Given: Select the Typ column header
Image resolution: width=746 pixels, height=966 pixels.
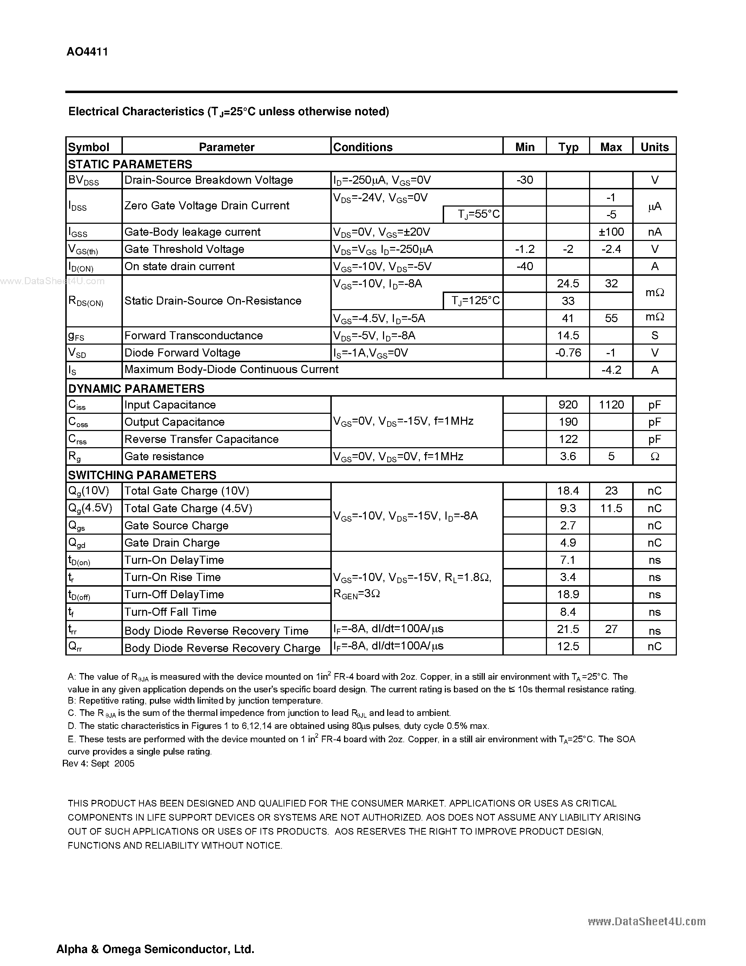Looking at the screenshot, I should click(568, 147).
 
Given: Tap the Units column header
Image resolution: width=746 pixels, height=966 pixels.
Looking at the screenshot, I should click(654, 147).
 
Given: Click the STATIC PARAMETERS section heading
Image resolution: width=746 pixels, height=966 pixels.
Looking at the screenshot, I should click(130, 164).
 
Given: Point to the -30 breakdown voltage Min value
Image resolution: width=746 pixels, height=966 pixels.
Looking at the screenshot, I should click(524, 180).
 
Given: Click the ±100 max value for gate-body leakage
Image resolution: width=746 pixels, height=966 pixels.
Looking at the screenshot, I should click(611, 232).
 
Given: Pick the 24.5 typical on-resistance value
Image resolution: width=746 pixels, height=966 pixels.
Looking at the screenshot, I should click(568, 283).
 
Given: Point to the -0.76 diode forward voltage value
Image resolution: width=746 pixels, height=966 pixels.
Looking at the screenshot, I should click(568, 353).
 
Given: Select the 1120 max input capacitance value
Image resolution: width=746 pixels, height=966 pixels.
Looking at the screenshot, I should click(611, 405).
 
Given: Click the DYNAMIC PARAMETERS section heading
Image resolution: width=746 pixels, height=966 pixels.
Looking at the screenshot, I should click(136, 389).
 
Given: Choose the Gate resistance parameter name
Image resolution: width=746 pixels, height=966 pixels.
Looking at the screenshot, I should click(164, 456).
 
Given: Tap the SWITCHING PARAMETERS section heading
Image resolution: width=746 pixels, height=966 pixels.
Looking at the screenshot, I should click(142, 475).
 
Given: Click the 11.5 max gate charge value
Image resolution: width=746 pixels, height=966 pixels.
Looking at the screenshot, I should click(611, 508).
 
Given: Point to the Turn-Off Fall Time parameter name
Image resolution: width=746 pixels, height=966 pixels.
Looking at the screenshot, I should click(170, 612).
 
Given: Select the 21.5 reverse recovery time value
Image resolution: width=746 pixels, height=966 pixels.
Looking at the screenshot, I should click(568, 629).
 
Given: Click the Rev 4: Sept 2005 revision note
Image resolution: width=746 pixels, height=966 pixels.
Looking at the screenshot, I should click(99, 763).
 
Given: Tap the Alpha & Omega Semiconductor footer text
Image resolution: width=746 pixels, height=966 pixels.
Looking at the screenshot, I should click(155, 949).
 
